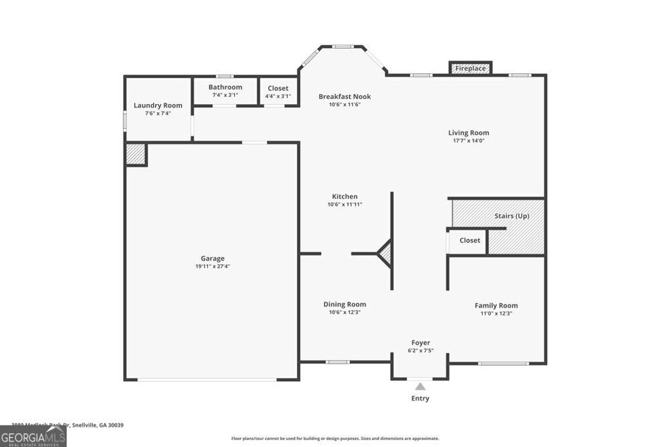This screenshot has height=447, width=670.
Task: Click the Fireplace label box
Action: pyautogui.click(x=470, y=68)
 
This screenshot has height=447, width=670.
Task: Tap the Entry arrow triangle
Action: pyautogui.click(x=420, y=387)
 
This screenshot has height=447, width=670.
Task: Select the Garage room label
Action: pyautogui.click(x=213, y=259)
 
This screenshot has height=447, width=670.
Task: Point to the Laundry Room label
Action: pyautogui.click(x=158, y=105)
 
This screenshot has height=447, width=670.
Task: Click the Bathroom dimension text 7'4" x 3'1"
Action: pyautogui.click(x=225, y=96)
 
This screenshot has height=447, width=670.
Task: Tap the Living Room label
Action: pyautogui.click(x=468, y=133)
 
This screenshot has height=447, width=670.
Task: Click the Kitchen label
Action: pyautogui.click(x=345, y=196)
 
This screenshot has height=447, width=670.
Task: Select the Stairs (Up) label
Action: pyautogui.click(x=512, y=216)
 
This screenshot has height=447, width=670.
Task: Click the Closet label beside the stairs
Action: pyautogui.click(x=469, y=240)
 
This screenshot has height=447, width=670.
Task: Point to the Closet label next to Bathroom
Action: pyautogui.click(x=277, y=88)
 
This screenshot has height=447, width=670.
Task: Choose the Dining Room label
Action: pyautogui.click(x=345, y=304)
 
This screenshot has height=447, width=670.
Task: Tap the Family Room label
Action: pyautogui.click(x=496, y=306)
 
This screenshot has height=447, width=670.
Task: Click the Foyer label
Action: pyautogui.click(x=421, y=343)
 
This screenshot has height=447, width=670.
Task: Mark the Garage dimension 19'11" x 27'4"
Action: pyautogui.click(x=213, y=266)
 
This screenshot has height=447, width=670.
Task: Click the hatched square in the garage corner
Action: pyautogui.click(x=135, y=154)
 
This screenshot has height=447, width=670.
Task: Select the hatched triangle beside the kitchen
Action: pyautogui.click(x=386, y=253)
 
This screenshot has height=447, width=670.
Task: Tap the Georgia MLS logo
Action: pyautogui.click(x=33, y=437)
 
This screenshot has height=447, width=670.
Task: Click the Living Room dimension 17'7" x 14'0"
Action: pyautogui.click(x=468, y=141)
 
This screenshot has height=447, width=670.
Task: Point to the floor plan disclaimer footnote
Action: pyautogui.click(x=335, y=438)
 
